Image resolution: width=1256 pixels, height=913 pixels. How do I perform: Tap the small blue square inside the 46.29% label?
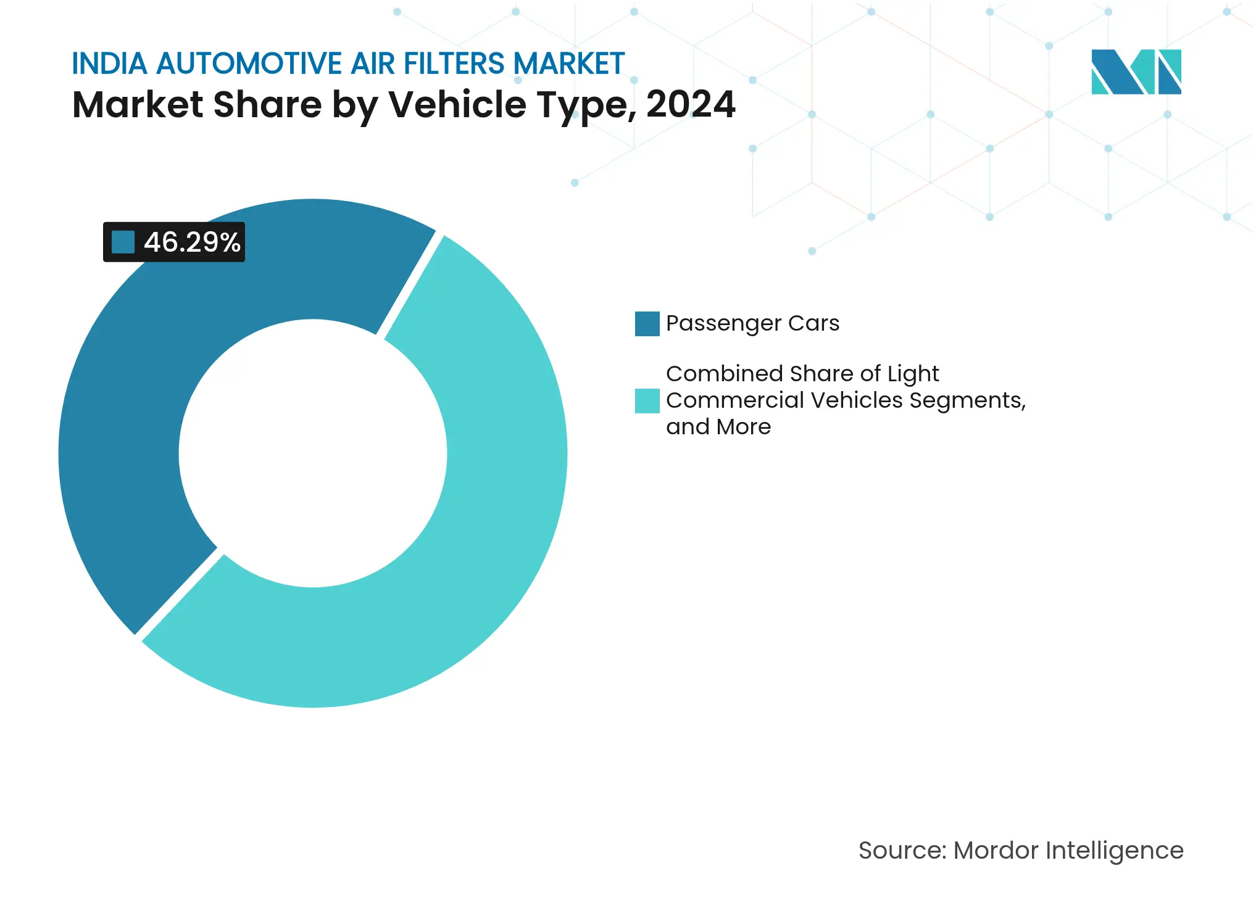[123, 242]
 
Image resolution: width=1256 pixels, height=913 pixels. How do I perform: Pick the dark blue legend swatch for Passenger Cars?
[647, 324]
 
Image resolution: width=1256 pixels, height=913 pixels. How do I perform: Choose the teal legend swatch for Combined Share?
[647, 401]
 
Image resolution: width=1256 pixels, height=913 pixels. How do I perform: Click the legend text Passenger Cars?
[752, 323]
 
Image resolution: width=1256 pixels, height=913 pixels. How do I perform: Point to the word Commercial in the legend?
[734, 400]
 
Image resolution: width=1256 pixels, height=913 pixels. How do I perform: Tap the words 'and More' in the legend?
[718, 427]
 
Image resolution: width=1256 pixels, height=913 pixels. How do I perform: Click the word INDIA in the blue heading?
[109, 64]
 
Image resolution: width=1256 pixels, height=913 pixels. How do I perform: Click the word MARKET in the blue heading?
[568, 64]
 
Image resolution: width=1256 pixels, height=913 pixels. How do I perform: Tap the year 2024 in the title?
[691, 104]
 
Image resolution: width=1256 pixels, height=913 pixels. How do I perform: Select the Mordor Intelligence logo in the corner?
[1136, 72]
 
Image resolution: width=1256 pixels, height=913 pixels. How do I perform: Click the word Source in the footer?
[901, 851]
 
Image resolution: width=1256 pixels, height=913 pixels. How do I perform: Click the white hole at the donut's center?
[313, 453]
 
